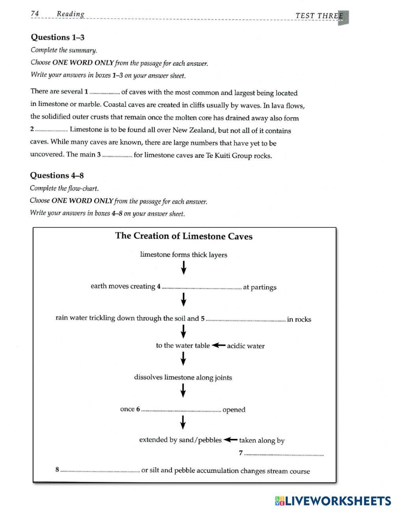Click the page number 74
(35, 14)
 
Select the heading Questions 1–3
(58, 37)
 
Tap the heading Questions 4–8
(57, 175)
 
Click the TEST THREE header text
(319, 16)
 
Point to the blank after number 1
(105, 93)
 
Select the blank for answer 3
(117, 156)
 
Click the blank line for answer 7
(284, 455)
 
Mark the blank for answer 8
(100, 471)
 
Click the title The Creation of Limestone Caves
(184, 236)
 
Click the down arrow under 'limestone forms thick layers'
(184, 269)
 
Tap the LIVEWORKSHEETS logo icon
(279, 501)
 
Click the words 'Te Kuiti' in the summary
(217, 156)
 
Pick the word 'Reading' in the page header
(71, 14)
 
